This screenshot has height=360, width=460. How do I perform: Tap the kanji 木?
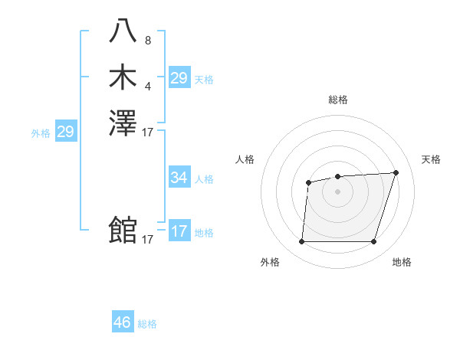(123, 79)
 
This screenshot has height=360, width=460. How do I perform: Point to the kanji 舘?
(123, 230)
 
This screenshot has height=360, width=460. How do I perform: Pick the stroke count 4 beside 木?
(148, 86)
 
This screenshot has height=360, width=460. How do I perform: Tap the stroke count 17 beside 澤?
(148, 132)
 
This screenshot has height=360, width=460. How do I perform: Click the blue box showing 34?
(179, 178)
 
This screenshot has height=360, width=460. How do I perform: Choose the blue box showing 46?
(123, 322)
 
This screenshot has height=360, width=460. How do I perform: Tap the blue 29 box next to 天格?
(179, 78)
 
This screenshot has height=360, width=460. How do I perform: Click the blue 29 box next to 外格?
(65, 132)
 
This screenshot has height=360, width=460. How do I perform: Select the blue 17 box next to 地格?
(179, 231)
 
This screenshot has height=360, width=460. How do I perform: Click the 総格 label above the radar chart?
(337, 100)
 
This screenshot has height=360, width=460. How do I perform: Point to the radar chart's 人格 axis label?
(245, 159)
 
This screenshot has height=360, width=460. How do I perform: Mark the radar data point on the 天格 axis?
(396, 172)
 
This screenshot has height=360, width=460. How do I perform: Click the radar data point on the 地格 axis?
(373, 241)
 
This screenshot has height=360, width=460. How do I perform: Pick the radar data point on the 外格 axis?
(301, 241)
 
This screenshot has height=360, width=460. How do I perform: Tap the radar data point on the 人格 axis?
(308, 182)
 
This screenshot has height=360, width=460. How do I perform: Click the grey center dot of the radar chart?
(337, 191)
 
